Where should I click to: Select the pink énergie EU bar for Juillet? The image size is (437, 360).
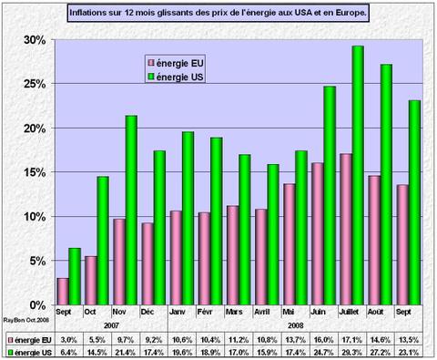click(345, 229)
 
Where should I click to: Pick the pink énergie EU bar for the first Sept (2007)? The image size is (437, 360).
click(63, 291)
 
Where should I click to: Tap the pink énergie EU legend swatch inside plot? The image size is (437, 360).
click(151, 62)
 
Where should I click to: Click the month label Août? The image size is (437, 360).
click(380, 311)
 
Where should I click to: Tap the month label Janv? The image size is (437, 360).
click(181, 311)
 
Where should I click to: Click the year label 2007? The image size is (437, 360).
click(110, 324)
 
